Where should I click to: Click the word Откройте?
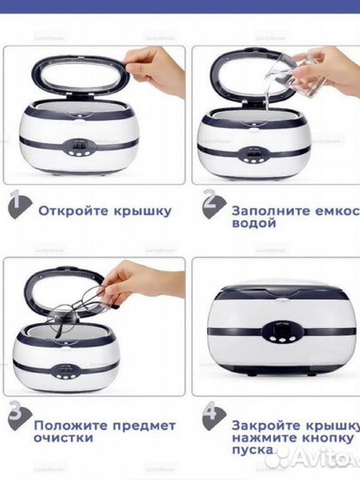[71, 211]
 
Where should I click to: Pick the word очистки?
[64, 437]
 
